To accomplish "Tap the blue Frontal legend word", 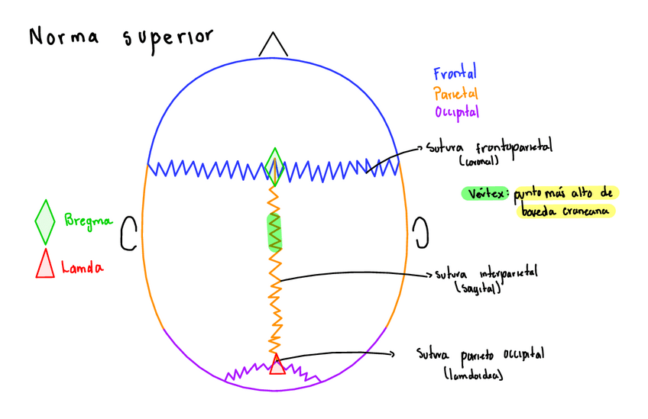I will point(455,74).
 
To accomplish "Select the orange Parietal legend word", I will point(455,93).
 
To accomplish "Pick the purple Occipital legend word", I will point(457,112).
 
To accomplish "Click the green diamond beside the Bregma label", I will point(45,221).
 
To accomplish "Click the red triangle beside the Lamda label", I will point(45,263).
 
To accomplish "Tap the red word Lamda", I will point(83,267).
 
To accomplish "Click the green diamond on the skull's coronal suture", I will point(274,166).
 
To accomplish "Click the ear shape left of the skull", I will point(128,233).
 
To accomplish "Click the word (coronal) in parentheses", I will point(479,162).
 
